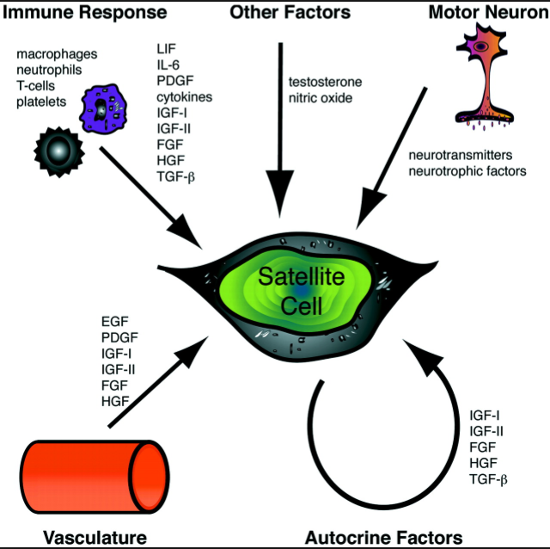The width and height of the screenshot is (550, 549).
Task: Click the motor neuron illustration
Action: coord(485,77)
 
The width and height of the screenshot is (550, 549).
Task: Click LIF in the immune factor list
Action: coord(165,51)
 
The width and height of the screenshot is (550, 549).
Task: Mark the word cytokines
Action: coord(185,97)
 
